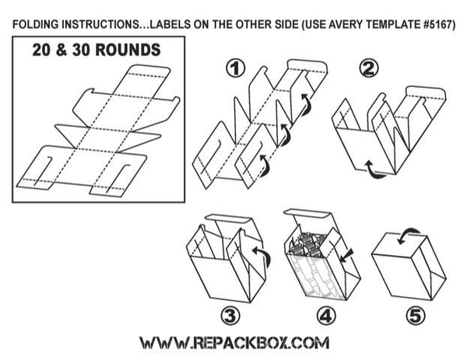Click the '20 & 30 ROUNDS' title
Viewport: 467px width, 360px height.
[x=97, y=51]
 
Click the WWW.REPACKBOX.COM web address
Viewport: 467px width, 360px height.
[x=233, y=342]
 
